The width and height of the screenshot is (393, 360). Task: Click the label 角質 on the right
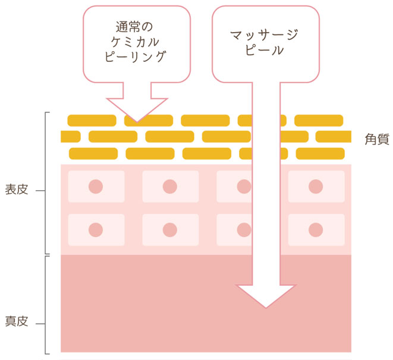377,140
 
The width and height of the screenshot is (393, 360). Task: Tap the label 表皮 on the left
16,191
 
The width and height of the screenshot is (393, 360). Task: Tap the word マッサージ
264,36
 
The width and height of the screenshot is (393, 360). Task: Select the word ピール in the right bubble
264,51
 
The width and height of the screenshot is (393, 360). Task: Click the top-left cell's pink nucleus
96,187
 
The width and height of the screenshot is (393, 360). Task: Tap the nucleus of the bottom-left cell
96,229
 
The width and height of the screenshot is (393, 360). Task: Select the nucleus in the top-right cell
316,187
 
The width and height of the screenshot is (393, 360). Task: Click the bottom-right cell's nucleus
316,229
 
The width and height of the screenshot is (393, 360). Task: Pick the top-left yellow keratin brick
91,121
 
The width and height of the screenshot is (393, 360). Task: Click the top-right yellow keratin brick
319,121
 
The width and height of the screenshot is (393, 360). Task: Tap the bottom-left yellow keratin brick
93,154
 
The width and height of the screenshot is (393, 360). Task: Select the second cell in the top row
170,187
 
